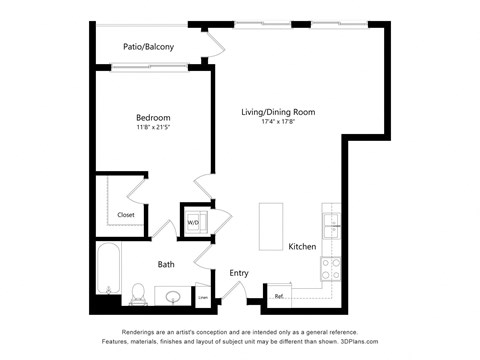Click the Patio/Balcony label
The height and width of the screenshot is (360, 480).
point(148,46)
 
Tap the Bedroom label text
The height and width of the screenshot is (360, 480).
point(153,117)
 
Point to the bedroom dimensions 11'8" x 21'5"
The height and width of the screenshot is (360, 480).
point(153,128)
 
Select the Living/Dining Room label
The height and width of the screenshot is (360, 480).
point(278,112)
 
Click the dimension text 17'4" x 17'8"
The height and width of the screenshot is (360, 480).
point(278,123)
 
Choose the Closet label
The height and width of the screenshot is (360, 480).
point(126,214)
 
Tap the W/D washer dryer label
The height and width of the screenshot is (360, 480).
point(193,222)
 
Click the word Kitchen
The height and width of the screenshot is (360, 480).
point(302,246)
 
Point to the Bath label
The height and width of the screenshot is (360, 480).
point(167,265)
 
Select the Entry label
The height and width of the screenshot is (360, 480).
point(239,273)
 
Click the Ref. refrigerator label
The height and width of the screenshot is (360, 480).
point(279,295)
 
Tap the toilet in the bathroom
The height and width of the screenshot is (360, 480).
point(139,292)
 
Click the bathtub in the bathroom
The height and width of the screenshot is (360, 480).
point(108,268)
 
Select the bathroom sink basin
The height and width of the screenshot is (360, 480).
point(175,296)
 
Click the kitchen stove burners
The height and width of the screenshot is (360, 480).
point(332,267)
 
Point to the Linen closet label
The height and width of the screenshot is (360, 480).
point(203,297)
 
